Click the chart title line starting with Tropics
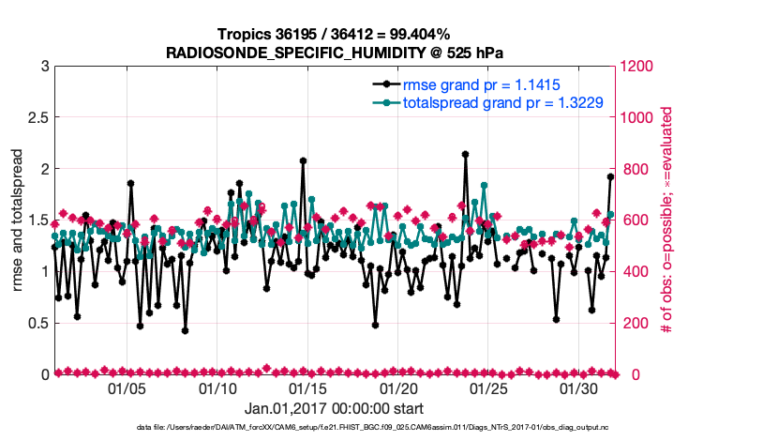(334, 35)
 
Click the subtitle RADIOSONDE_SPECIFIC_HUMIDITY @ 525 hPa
(334, 53)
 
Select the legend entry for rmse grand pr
(482, 84)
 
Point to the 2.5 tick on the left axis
(37, 118)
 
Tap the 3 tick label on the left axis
(45, 67)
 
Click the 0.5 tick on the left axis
(37, 323)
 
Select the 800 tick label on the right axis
(630, 169)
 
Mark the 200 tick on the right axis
(630, 323)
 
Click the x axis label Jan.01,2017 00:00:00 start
(334, 409)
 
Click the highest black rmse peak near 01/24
(466, 154)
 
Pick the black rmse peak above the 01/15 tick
(304, 160)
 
